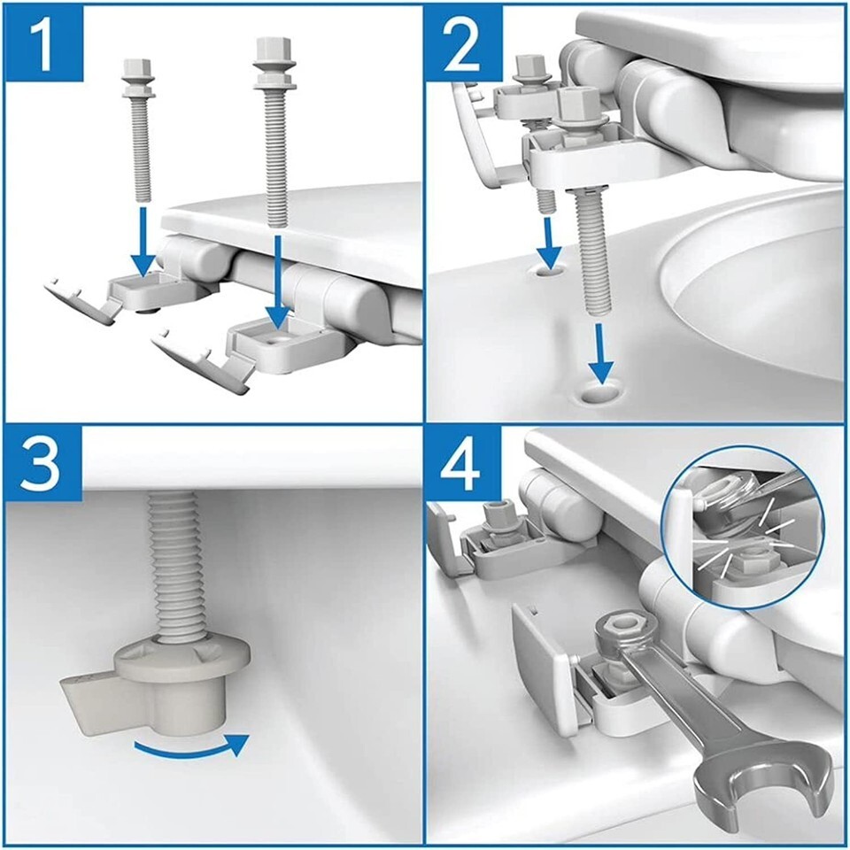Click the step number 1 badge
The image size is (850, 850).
tap(43, 42)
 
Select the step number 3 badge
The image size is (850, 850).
tap(43, 464)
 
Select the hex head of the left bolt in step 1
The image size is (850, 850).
tap(135, 69)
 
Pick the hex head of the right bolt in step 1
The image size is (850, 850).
tap(274, 50)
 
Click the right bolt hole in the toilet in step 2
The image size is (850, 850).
tap(600, 393)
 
